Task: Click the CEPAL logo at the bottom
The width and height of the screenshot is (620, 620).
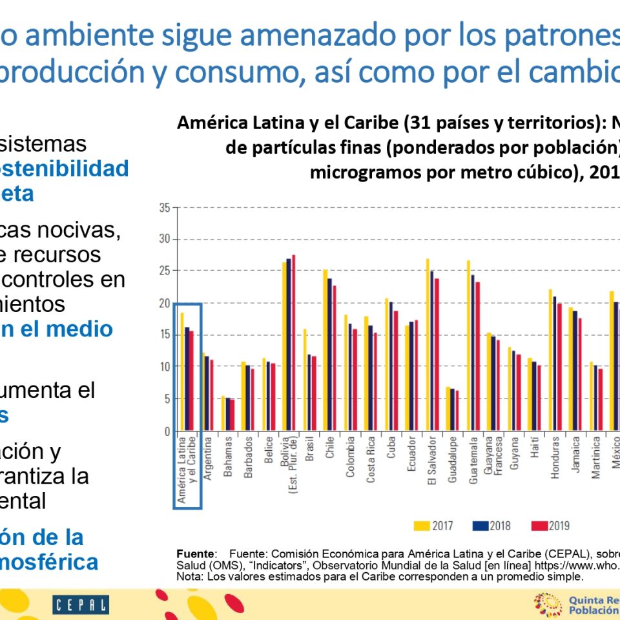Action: click(81, 605)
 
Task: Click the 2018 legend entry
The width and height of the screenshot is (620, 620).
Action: click(491, 526)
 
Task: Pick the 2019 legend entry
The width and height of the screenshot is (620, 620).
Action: click(550, 526)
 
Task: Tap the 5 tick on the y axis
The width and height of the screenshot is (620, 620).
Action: click(166, 399)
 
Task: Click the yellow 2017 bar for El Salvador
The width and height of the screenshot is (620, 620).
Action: click(428, 345)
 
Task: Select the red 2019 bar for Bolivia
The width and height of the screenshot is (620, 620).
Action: click(293, 343)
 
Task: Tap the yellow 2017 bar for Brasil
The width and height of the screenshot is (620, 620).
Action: click(305, 380)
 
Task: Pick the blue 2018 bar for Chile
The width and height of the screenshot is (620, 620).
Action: click(329, 355)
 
